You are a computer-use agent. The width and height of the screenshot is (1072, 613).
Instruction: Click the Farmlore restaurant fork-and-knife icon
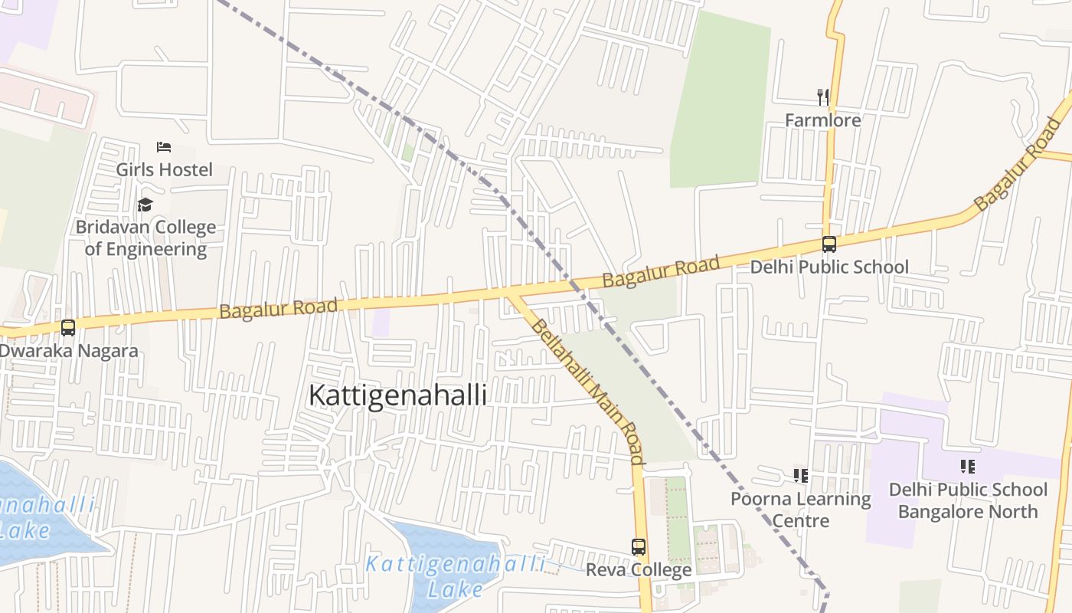pos(823,97)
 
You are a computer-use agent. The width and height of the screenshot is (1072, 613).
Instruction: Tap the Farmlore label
pos(823,120)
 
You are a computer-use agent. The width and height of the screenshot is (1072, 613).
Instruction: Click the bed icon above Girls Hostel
pos(164,146)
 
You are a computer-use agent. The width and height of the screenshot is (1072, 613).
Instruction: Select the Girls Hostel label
pos(164,169)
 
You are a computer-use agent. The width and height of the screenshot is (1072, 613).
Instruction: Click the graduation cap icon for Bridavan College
pos(145,205)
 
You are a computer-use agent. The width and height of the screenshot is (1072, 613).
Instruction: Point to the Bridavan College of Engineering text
pos(145,238)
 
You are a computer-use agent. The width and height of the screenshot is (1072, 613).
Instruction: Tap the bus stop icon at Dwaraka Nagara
pos(68,328)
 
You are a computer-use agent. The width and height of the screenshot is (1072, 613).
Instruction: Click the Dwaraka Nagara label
pos(69,351)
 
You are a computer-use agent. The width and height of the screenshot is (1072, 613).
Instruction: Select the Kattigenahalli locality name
pos(397,395)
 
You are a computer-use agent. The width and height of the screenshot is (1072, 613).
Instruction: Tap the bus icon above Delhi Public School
pos(829,244)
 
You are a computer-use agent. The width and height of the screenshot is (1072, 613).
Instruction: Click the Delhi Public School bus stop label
pos(829,267)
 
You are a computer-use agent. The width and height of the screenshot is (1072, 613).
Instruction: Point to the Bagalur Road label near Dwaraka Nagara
pos(278,309)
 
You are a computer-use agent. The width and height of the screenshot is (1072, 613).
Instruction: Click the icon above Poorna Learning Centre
pos(801,476)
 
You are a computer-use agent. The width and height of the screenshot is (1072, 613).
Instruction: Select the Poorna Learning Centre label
pos(801,510)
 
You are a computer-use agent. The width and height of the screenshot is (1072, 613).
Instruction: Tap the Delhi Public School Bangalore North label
pos(968,500)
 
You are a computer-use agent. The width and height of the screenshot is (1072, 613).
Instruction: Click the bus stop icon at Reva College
pos(639,547)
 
